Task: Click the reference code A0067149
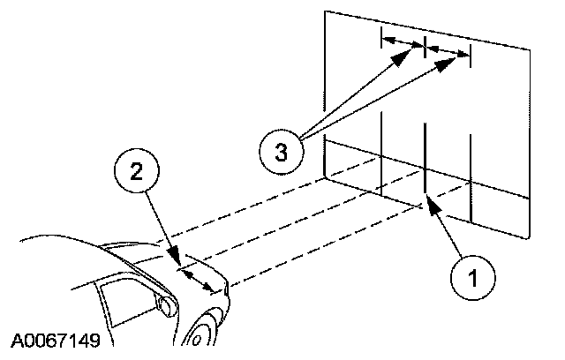(x=56, y=340)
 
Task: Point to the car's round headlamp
(x=164, y=305)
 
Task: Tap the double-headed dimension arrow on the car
(x=196, y=279)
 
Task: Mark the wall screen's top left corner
(x=325, y=11)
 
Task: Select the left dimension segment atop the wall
(x=403, y=41)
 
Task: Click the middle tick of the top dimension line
(x=426, y=47)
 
